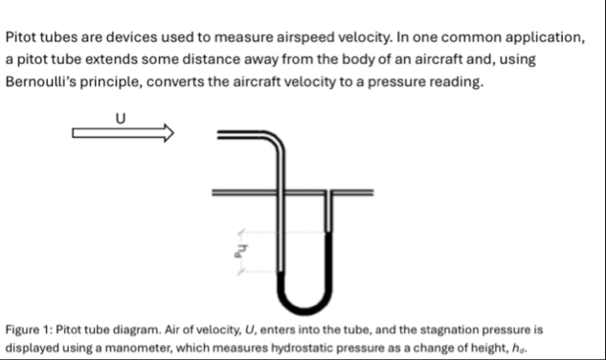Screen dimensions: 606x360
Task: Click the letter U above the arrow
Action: pyautogui.click(x=121, y=118)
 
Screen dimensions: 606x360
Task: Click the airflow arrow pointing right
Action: pyautogui.click(x=123, y=133)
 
